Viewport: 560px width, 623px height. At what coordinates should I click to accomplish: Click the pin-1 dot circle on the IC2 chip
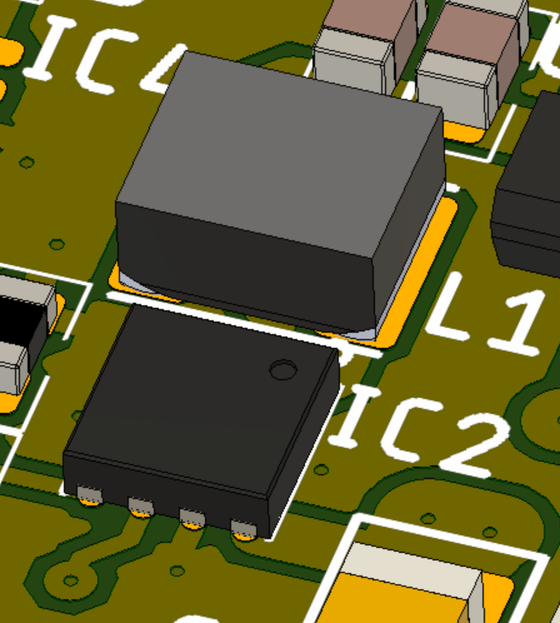(283, 370)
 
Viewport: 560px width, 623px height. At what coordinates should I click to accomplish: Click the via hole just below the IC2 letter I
(321, 470)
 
